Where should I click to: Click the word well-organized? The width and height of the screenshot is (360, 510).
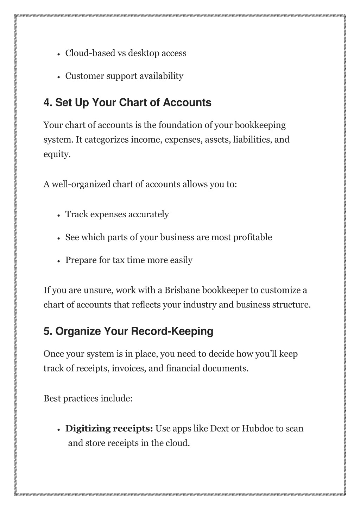(x=81, y=184)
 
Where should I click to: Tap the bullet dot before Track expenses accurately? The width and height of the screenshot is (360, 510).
(x=59, y=215)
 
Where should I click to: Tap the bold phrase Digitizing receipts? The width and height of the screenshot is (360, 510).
(x=109, y=429)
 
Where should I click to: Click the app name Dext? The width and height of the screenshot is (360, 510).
(x=219, y=429)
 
